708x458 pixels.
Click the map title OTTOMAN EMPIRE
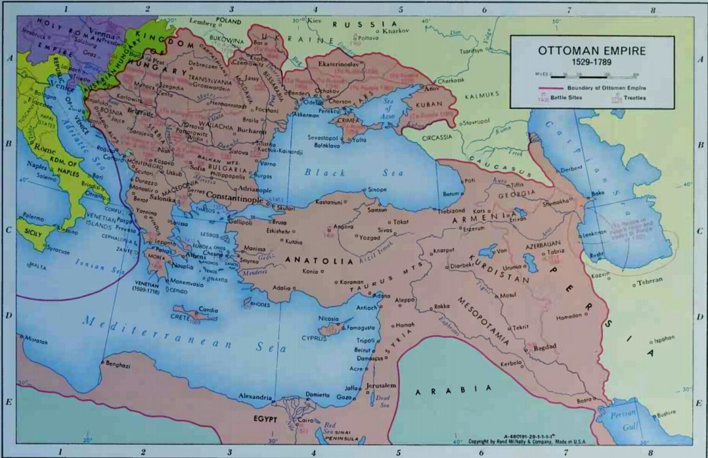tap(592, 51)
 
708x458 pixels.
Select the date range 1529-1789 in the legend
tap(592, 63)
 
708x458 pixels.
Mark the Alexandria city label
tap(254, 397)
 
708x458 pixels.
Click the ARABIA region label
tap(452, 390)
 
